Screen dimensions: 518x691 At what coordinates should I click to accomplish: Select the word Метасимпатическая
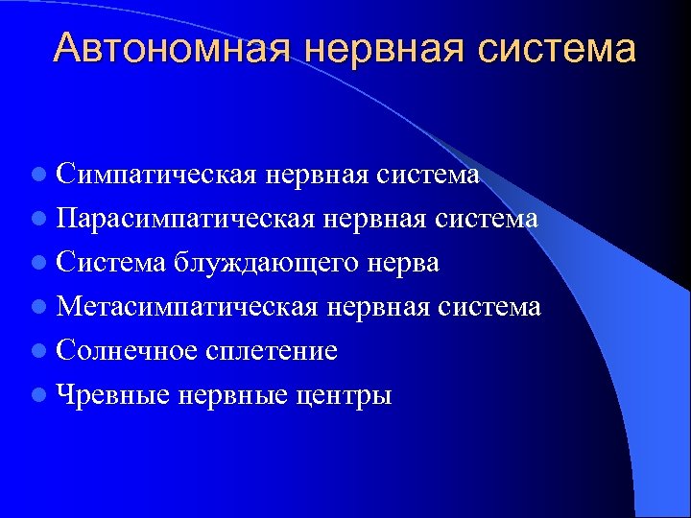[187, 307]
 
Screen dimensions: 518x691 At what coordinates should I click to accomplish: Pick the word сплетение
[272, 351]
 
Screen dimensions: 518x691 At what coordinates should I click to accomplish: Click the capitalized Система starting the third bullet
[111, 263]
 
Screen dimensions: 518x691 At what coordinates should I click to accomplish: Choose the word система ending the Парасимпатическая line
[487, 219]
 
